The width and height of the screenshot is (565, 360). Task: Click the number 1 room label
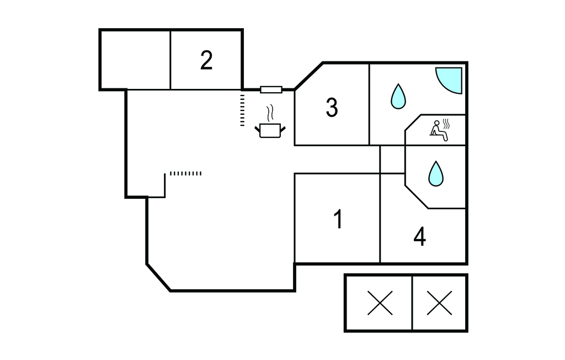coord(338,220)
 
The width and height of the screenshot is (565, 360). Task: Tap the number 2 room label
coord(206,60)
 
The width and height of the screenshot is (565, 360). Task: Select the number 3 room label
coord(332,108)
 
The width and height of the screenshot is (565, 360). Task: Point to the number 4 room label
coord(420,237)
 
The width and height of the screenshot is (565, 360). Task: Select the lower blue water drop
coord(436,173)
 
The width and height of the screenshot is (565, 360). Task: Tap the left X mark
coord(380,303)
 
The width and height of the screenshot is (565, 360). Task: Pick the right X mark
coord(440,303)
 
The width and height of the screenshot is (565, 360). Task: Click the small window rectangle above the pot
coord(271,89)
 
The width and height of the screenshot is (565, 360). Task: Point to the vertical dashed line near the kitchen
coord(242,109)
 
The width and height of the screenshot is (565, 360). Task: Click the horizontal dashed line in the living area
coord(185,173)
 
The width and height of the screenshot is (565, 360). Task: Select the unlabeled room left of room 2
coord(135,60)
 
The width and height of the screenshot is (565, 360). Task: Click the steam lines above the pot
coord(270,114)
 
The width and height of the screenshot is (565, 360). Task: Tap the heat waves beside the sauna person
coord(448,126)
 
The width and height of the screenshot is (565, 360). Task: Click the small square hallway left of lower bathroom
coord(392,160)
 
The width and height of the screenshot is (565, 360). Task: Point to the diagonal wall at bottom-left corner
coord(158,277)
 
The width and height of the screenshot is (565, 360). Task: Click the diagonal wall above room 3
coord(309,76)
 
